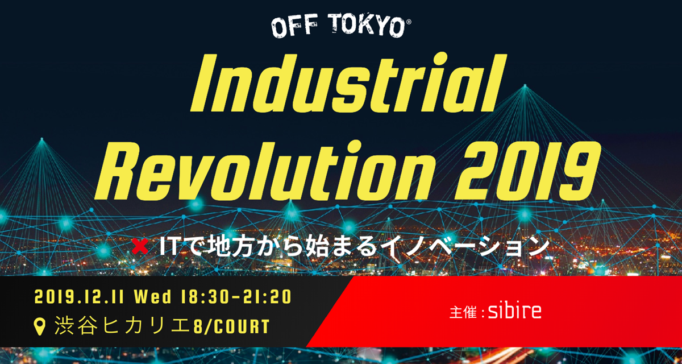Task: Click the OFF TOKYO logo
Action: pos(341,27)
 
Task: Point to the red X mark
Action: pos(140,246)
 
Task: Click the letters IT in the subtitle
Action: pos(169,247)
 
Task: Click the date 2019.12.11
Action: pos(80,297)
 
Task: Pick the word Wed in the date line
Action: pos(153,297)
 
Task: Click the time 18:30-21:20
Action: pos(236,297)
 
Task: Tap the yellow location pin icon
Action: pos(40,326)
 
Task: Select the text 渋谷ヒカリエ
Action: pos(124,326)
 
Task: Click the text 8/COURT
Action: pos(232,326)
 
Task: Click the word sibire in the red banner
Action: pos(515,311)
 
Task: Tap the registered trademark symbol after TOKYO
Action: pos(409,22)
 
